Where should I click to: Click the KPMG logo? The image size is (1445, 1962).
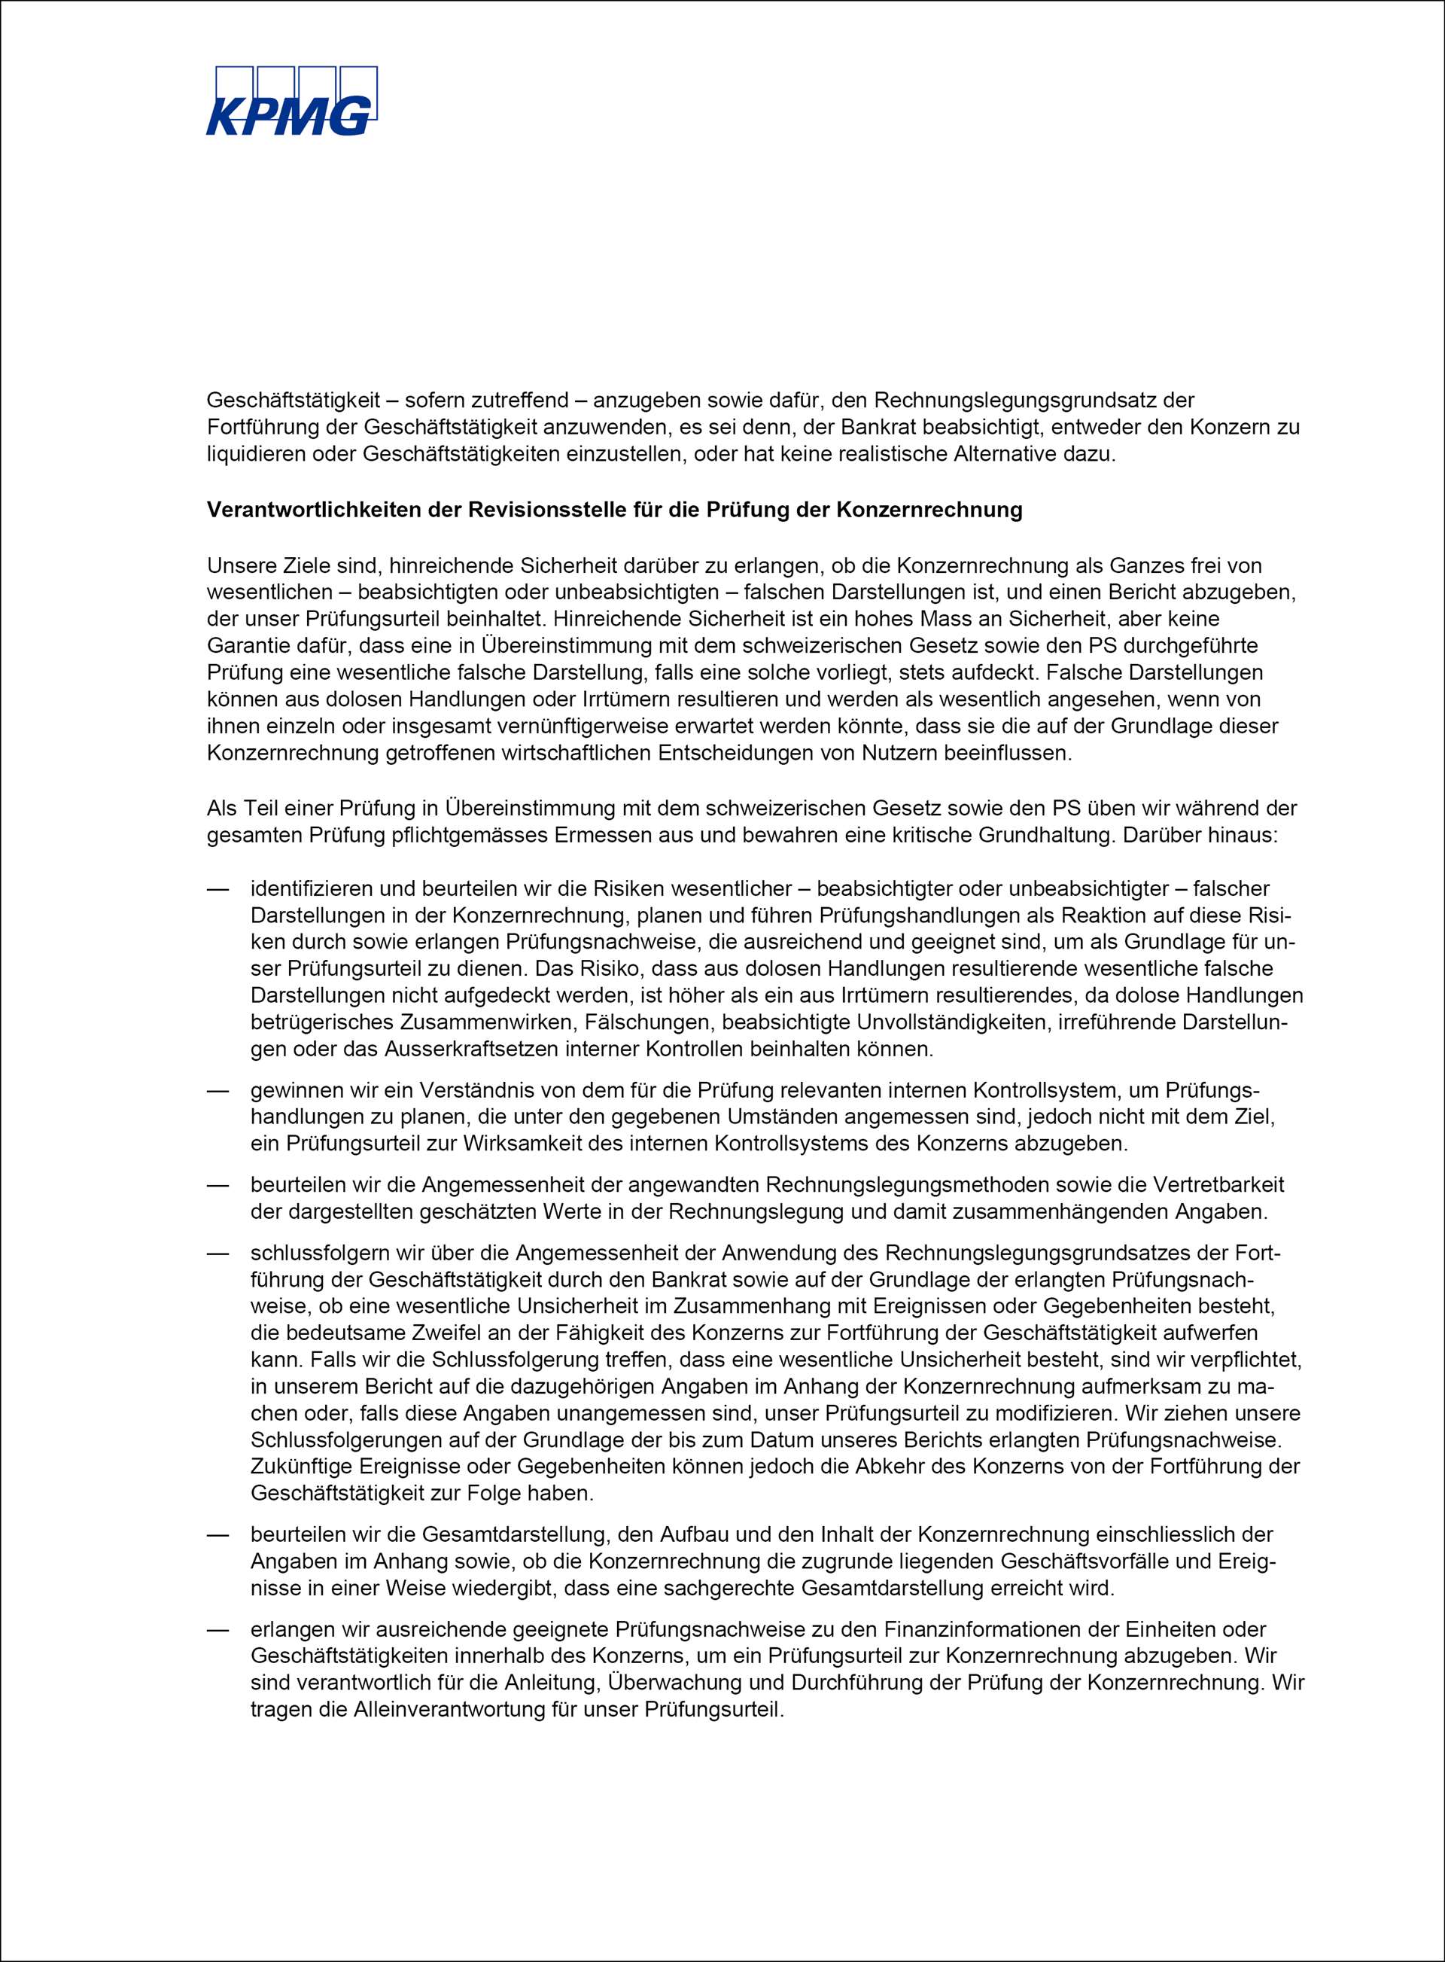[x=291, y=102]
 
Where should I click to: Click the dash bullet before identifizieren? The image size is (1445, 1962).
[x=217, y=889]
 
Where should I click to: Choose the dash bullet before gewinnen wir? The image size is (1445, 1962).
[x=217, y=1090]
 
